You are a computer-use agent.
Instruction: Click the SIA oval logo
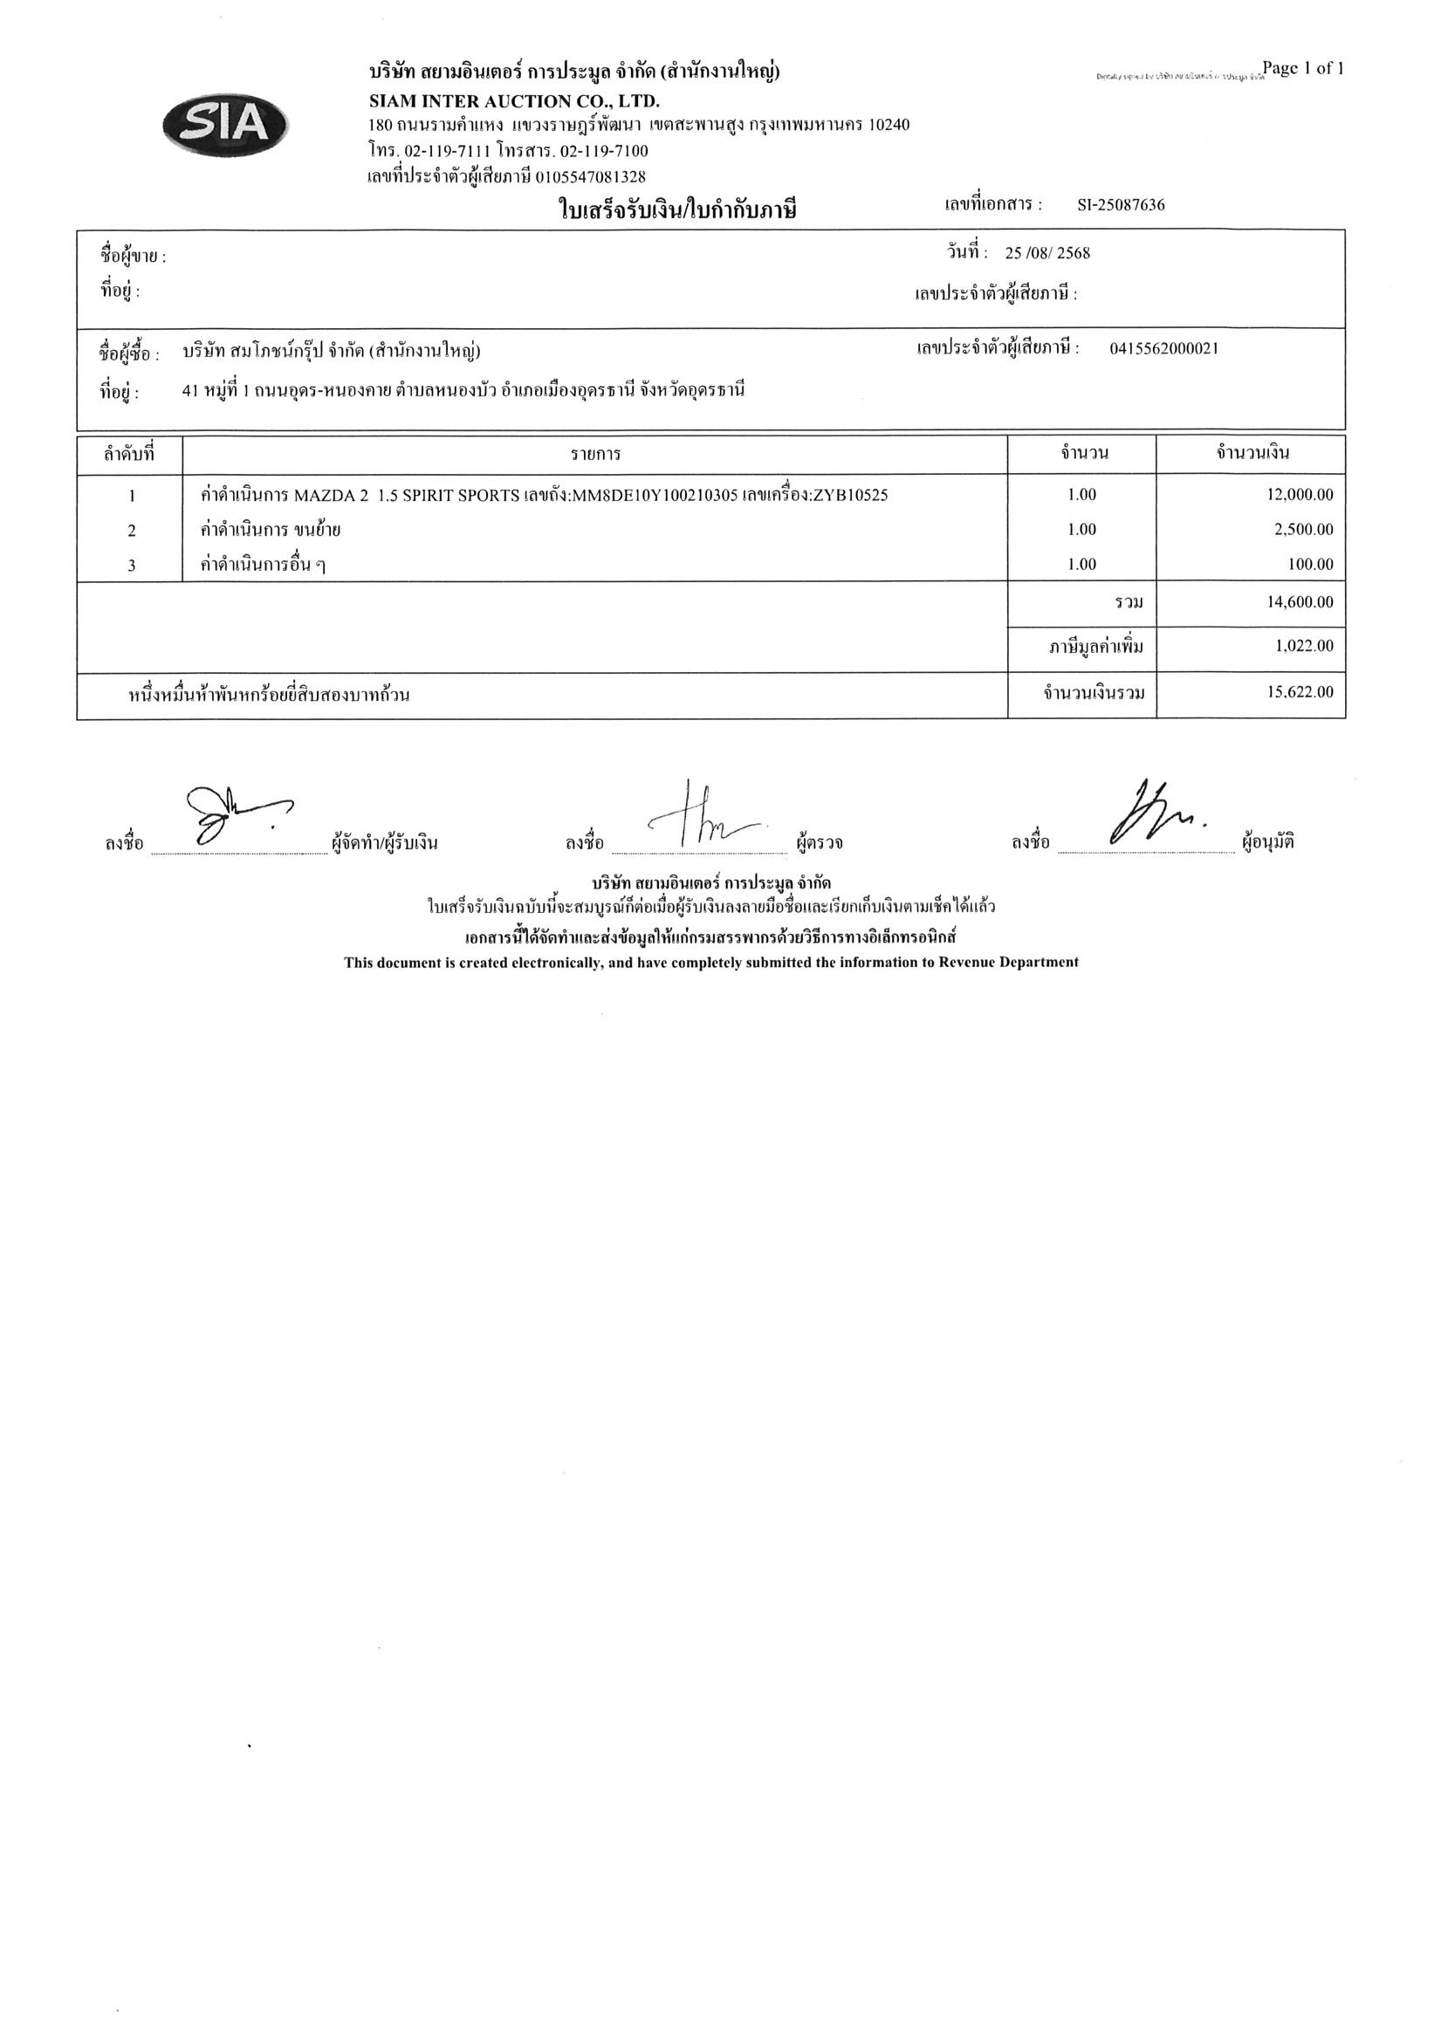tap(225, 125)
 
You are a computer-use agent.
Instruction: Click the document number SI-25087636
tap(1121, 205)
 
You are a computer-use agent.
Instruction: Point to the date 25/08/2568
tap(1046, 253)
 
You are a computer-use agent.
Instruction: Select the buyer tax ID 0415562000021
tap(1163, 348)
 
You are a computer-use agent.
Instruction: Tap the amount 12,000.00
tap(1299, 495)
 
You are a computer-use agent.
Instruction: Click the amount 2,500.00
tap(1303, 530)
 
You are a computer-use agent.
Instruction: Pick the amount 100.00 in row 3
tap(1309, 565)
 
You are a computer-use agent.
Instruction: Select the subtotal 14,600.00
tap(1299, 602)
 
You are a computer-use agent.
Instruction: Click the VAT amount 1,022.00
tap(1303, 646)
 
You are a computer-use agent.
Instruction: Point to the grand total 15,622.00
tap(1299, 692)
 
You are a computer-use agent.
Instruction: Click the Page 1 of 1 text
tap(1302, 68)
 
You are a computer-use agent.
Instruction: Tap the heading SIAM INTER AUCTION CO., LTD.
tap(514, 101)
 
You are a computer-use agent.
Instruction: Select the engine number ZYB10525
tap(850, 495)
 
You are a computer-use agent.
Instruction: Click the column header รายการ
tap(595, 455)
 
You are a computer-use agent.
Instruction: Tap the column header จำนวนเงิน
tap(1252, 454)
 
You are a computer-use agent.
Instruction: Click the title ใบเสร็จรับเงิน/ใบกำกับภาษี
tap(677, 210)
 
